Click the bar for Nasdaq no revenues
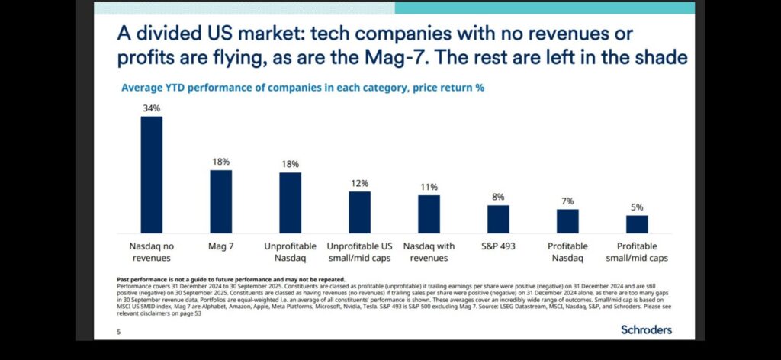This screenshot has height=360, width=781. click(x=152, y=175)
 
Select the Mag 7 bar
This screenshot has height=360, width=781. click(x=221, y=201)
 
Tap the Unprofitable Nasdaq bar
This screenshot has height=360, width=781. click(x=290, y=202)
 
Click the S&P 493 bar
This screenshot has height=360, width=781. click(x=498, y=219)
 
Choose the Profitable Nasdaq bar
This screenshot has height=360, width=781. click(x=567, y=221)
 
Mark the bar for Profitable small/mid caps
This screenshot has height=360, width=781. click(x=637, y=224)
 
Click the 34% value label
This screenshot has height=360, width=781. click(x=152, y=108)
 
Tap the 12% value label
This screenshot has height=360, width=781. click(x=359, y=183)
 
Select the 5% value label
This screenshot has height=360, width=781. click(x=637, y=207)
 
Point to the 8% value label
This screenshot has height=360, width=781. click(x=498, y=197)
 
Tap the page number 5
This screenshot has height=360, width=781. click(x=118, y=332)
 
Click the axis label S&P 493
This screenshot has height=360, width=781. click(x=498, y=246)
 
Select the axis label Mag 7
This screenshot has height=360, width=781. click(x=221, y=246)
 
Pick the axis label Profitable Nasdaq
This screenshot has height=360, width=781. click(x=567, y=252)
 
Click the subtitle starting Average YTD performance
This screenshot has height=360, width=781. click(x=303, y=88)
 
